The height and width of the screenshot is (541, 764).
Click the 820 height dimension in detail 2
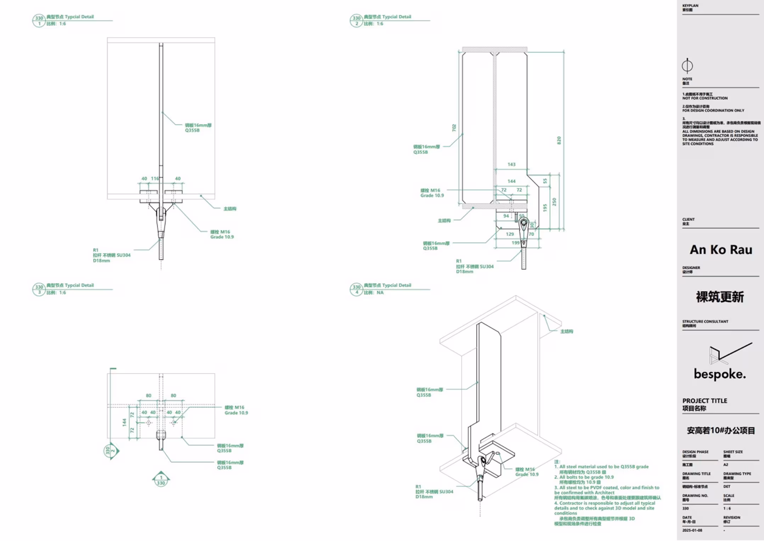pos(559,140)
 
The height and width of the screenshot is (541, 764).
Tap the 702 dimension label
pos(454,128)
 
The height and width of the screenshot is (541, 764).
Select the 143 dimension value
pos(511,164)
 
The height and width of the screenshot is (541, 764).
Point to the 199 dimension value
pos(516,243)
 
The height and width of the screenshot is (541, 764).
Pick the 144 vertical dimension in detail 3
pos(124,422)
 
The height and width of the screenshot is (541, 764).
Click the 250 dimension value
pos(554,202)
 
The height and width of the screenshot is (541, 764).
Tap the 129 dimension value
pos(510,234)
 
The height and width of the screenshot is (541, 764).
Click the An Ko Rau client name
pos(721,250)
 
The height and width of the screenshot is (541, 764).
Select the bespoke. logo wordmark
pos(720,374)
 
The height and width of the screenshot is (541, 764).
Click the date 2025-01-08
pos(692,530)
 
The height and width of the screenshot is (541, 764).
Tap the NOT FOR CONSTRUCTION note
pos(705,98)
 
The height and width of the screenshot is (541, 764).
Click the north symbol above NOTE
pos(687,66)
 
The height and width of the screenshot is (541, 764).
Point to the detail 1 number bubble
pos(39,21)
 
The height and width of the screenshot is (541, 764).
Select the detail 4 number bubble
pos(356,289)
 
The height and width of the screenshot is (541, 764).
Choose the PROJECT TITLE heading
pos(704,401)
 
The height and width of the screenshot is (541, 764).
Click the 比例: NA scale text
pos(373,293)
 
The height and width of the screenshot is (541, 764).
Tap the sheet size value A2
pos(726,465)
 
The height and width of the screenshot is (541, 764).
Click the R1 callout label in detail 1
pos(96,250)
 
